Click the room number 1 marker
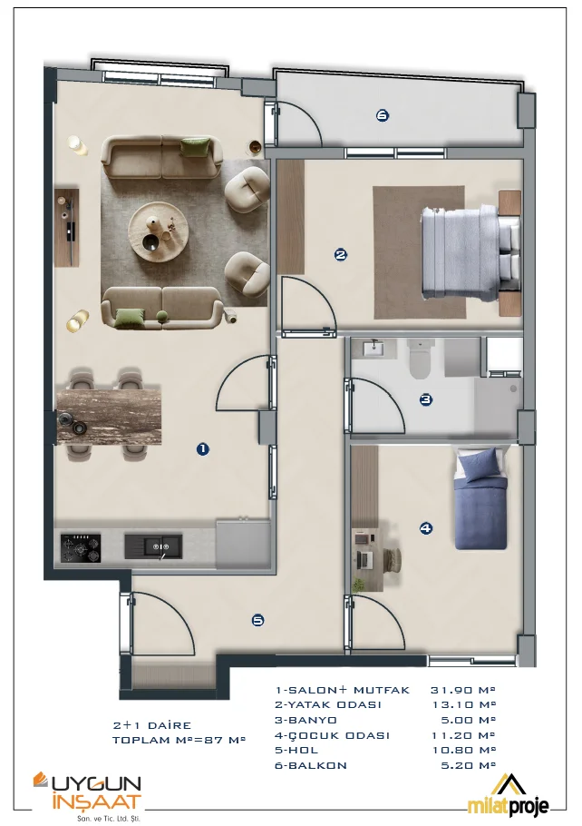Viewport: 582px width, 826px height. coord(202,448)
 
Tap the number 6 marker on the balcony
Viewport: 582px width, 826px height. coord(383,115)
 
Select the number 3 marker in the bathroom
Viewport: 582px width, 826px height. coord(426,399)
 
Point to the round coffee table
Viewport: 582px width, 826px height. coord(159,231)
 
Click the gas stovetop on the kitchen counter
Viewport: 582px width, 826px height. coord(81,548)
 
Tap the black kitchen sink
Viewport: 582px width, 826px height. coord(153,546)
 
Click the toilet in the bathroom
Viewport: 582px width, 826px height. coord(421,359)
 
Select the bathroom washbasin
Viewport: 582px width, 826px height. coord(373,349)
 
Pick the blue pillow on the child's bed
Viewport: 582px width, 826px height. coord(477,463)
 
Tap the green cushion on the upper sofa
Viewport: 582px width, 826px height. coord(195,147)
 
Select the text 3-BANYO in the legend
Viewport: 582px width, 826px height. coord(306,720)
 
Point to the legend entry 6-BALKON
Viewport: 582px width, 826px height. coord(310,765)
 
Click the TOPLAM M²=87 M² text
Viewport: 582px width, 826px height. coord(179,740)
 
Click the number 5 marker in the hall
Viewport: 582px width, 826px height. coord(257,621)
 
